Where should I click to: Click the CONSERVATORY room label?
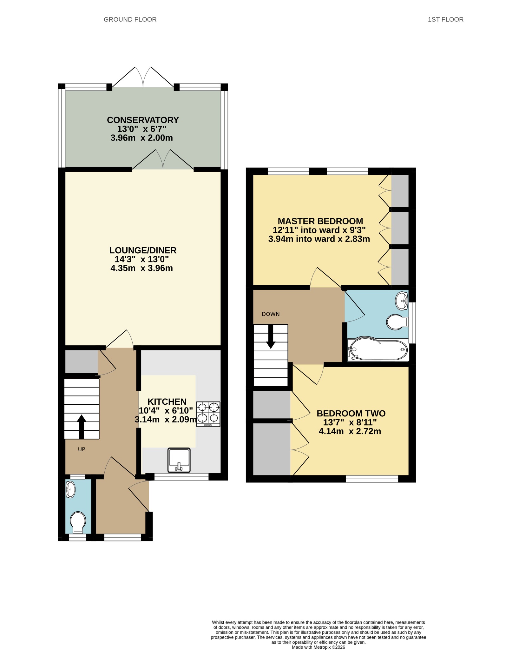tap(143, 120)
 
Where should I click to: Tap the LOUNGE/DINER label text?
tap(143, 250)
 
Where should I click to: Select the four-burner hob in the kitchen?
tap(208, 414)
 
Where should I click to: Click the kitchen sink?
tap(179, 460)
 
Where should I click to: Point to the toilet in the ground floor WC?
tap(78, 522)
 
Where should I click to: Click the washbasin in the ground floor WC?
tap(70, 489)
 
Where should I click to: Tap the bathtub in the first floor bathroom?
tap(378, 349)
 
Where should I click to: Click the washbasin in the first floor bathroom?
tap(402, 301)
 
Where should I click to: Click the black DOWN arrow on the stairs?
tap(271, 336)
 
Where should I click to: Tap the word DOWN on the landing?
tap(271, 314)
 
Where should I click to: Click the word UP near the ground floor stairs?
tap(82, 449)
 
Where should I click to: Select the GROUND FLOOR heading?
tap(130, 19)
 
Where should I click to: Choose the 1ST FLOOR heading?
tap(445, 19)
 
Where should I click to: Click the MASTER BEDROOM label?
tap(320, 221)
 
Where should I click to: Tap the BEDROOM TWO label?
tap(351, 413)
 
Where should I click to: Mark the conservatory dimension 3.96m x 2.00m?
tap(142, 138)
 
